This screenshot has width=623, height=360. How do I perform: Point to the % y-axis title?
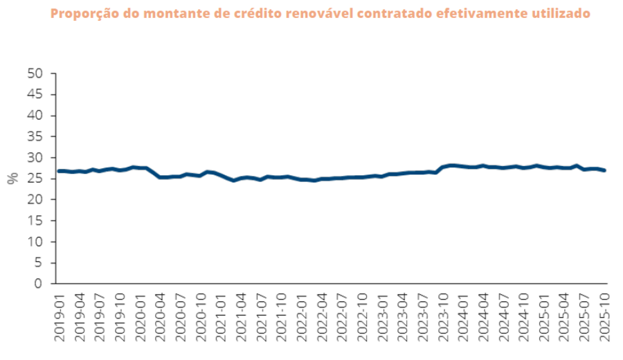[x=12, y=179]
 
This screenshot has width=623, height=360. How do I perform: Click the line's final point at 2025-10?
[x=606, y=170]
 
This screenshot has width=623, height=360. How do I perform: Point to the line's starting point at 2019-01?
[x=57, y=171]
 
